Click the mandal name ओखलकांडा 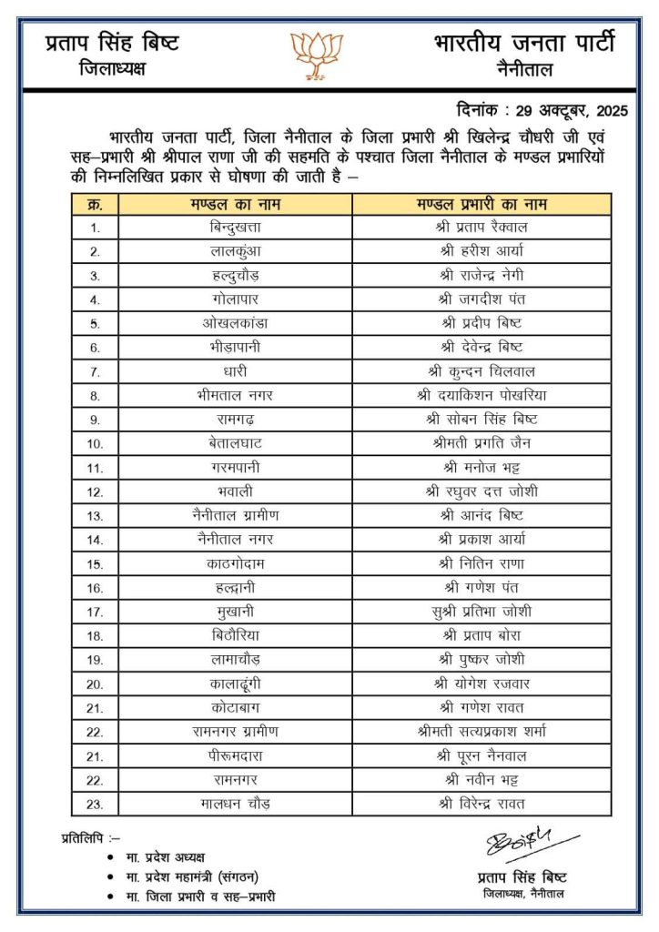tap(236, 323)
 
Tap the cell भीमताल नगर tap(236, 395)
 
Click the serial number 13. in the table tap(95, 515)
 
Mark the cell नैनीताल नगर tap(236, 540)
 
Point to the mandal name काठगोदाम tap(236, 563)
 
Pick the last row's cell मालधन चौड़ tap(236, 804)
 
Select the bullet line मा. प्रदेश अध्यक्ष tap(167, 857)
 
